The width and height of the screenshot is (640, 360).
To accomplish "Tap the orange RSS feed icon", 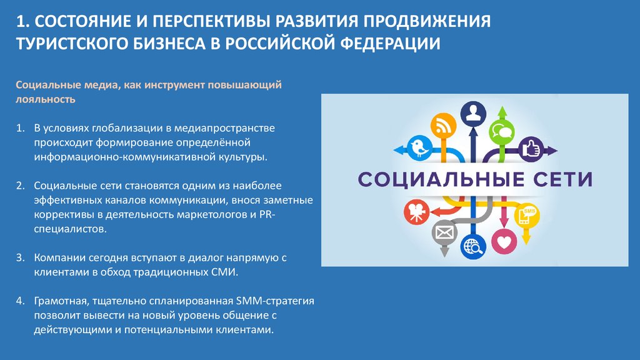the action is point(443,126).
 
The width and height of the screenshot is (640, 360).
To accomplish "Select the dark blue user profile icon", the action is point(473,113).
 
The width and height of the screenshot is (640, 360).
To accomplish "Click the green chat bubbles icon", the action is point(502,132).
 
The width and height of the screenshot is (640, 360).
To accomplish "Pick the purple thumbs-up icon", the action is point(531,149).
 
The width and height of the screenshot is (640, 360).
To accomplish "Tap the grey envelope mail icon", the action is point(444,233).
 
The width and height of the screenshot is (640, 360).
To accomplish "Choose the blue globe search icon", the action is point(473,246).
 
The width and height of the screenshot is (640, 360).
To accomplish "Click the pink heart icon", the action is point(504,242).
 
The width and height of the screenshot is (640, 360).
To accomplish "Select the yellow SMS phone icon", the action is point(527,215).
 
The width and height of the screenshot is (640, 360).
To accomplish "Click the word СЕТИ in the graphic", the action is point(559,179).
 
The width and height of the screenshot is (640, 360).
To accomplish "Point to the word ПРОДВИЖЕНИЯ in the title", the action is point(427,21).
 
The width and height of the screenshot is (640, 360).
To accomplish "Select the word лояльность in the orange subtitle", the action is point(45,99).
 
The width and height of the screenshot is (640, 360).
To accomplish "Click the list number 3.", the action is point(21,257).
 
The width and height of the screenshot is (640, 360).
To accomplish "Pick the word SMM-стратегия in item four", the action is point(275,301).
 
